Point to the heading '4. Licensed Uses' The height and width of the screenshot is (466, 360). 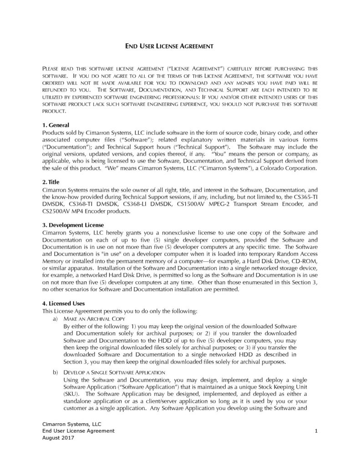[x=63, y=304]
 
